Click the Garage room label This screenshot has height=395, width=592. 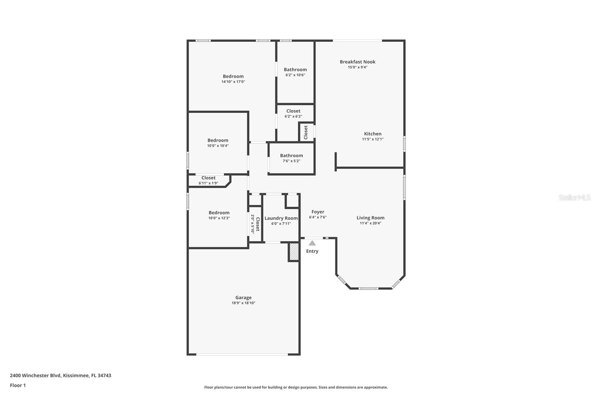[x=243, y=298]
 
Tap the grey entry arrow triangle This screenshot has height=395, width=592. [x=312, y=243]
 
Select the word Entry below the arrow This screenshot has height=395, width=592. [x=312, y=251]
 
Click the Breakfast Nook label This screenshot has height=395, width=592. [x=357, y=62]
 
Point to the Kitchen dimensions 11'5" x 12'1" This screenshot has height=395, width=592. [x=373, y=139]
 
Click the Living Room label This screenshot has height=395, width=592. [x=370, y=218]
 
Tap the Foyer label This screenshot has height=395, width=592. [x=317, y=212]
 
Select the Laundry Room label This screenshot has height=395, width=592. [x=281, y=218]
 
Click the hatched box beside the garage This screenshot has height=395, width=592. [x=294, y=252]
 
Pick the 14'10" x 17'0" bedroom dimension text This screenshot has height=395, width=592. [x=233, y=82]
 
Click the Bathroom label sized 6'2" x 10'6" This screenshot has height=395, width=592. [x=295, y=70]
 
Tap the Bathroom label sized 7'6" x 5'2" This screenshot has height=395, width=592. [x=291, y=156]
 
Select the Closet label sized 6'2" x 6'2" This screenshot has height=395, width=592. [x=293, y=111]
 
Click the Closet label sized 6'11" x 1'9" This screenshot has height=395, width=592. [x=208, y=178]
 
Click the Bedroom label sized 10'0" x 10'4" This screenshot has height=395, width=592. [x=218, y=140]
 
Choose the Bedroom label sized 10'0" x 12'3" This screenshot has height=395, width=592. [x=219, y=213]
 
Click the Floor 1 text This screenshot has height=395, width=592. [x=18, y=385]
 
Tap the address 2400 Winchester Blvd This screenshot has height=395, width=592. [x=35, y=375]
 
